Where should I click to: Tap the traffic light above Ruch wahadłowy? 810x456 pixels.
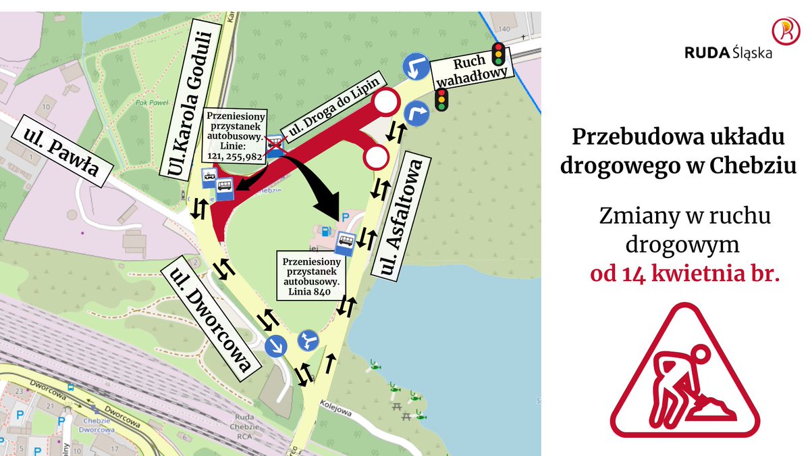(500, 53)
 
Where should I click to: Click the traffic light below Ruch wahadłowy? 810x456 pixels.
(442, 99)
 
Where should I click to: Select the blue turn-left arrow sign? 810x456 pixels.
(417, 67)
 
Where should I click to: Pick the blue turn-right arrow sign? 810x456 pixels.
(417, 113)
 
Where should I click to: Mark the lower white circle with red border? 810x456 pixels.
(375, 157)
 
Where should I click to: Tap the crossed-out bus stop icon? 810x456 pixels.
(275, 144)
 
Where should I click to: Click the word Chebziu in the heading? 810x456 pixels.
(751, 166)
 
